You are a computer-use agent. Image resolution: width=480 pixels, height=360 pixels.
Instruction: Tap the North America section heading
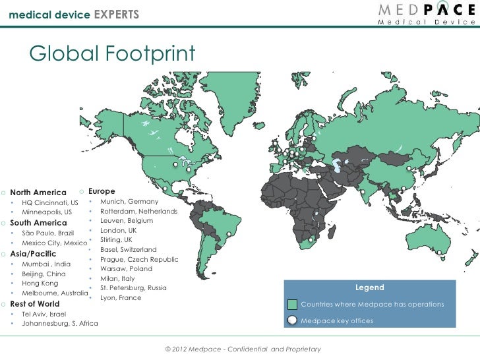coord(38,193)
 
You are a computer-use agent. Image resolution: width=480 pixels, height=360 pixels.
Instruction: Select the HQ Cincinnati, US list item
coord(50,202)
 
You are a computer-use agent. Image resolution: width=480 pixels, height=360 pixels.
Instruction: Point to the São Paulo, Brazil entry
coord(48,233)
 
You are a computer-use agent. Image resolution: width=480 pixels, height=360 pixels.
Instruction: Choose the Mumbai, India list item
coord(46,264)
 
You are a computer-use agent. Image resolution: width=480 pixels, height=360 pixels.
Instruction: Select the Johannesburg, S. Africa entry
coord(60,324)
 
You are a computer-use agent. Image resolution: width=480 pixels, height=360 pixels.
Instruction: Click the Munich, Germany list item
coord(129,201)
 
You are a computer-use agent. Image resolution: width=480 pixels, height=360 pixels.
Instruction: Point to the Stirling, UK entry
coord(116,240)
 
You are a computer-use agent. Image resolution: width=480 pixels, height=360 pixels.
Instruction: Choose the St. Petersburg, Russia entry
coord(133,288)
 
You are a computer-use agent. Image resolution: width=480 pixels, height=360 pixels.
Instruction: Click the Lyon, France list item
coord(121,298)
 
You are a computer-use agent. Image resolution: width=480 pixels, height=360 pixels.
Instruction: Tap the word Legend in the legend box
coord(369,288)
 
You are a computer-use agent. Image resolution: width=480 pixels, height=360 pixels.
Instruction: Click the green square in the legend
coord(293,305)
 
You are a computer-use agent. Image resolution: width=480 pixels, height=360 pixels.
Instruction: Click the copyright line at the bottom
coord(243,348)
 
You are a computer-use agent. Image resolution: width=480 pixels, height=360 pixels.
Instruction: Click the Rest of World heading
coord(35,304)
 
